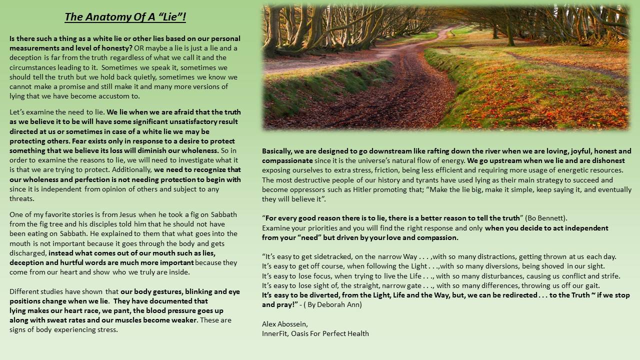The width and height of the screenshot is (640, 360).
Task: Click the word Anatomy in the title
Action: (104, 17)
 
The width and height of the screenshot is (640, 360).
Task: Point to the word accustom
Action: (121, 96)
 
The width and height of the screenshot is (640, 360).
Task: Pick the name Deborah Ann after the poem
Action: (335, 304)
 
